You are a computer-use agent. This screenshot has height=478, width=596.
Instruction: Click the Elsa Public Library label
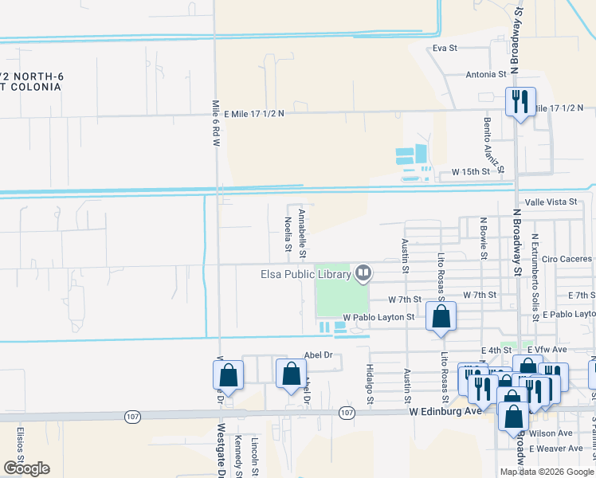(x=306, y=275)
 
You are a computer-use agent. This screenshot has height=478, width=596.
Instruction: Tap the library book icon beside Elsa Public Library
(x=364, y=274)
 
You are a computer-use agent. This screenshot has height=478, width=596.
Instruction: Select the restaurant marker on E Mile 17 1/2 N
(x=520, y=102)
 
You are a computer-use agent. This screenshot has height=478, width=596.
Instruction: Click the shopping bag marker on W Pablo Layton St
(x=441, y=317)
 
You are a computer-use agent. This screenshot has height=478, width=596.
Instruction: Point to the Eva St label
(x=445, y=48)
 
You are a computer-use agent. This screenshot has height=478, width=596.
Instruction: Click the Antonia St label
(x=486, y=74)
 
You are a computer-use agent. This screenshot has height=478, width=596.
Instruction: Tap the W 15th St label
(x=470, y=171)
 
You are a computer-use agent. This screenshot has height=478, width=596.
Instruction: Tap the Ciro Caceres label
(x=567, y=259)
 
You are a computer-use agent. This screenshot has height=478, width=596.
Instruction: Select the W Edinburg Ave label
(x=445, y=412)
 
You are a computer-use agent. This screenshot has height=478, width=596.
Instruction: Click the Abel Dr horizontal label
(x=317, y=356)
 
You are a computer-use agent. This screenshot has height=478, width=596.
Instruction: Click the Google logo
(x=26, y=468)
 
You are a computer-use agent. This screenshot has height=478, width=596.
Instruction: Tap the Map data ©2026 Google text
(x=547, y=472)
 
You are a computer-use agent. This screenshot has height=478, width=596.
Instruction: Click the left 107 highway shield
(x=132, y=416)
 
